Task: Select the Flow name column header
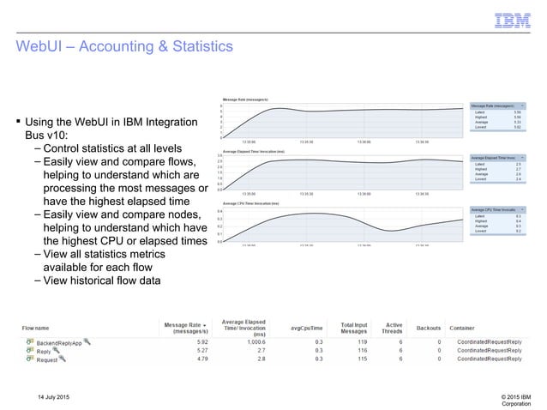43,328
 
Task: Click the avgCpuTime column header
306,328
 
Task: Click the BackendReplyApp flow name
57,342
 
